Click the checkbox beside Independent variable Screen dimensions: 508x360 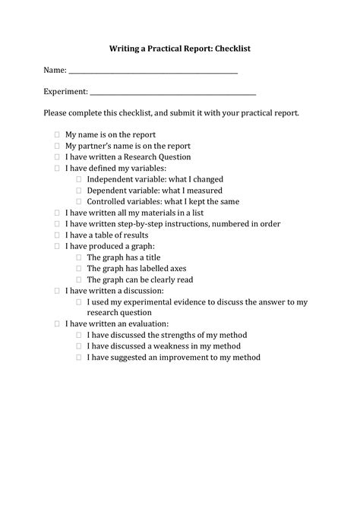tap(78, 179)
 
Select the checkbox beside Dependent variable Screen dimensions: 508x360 tap(78, 191)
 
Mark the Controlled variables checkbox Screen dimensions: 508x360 tap(78, 202)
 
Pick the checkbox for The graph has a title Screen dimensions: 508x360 tap(78, 257)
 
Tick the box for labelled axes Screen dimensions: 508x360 tap(78, 269)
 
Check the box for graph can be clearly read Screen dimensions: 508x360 tap(78, 280)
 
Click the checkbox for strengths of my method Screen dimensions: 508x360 tap(78, 335)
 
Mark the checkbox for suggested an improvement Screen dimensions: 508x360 tap(78, 357)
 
